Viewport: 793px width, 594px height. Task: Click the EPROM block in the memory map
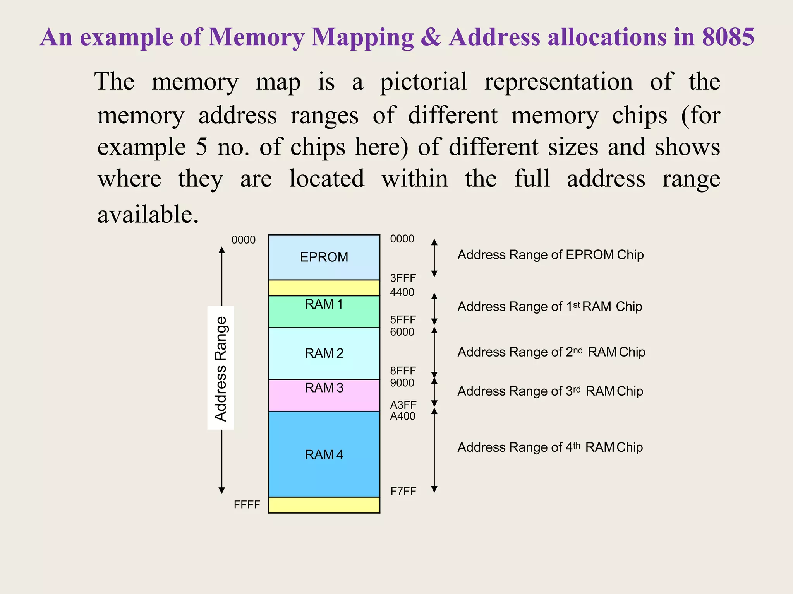324,257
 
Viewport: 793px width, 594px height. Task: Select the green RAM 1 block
324,311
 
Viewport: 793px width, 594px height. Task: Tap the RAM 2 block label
324,353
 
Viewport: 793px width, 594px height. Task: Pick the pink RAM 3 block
324,395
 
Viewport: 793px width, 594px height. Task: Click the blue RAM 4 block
324,454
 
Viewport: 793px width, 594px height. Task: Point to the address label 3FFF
403,278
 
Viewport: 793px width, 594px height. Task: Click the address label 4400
402,292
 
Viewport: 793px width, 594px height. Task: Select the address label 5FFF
403,320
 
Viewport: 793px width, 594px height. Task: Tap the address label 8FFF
403,371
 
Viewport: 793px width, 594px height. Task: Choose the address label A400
402,416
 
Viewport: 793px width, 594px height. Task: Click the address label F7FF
403,492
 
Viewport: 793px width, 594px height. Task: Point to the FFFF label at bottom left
247,505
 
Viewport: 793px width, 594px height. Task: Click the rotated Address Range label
220,368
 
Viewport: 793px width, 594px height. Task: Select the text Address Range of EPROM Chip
550,255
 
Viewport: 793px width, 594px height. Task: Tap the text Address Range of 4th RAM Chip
550,447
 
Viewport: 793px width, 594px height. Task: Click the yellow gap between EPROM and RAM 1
324,288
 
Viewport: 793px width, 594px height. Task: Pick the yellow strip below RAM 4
324,505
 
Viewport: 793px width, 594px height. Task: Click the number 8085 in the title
728,38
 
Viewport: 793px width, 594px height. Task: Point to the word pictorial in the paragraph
424,82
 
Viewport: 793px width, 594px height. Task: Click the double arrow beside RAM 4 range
434,451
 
